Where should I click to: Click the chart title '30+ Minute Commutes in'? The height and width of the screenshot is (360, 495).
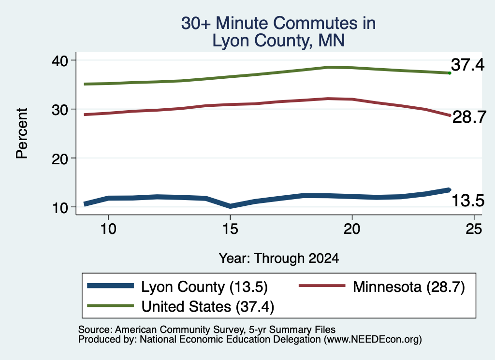pos(278,23)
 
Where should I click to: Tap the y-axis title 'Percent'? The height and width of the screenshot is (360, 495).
pos(22,133)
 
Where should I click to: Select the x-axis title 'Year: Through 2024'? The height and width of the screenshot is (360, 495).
pos(279,258)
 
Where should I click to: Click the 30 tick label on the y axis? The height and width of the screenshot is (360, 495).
pos(60,110)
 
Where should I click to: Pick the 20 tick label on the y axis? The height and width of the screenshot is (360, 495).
pos(60,158)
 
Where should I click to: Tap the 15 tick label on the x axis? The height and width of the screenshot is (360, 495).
pos(230,229)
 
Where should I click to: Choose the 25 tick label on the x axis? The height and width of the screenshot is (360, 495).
pos(474,229)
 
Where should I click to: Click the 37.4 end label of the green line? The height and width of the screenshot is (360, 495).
pos(467,65)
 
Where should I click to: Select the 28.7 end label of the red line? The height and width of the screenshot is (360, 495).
pos(469,117)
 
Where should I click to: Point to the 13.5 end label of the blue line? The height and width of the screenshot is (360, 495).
pos(468,201)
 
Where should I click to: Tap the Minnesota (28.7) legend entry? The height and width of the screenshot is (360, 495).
pos(409,287)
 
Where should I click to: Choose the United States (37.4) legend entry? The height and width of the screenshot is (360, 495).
pos(208,307)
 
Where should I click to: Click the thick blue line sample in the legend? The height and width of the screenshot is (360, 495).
pos(111,286)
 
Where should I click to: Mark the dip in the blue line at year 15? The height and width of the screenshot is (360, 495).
pos(230,206)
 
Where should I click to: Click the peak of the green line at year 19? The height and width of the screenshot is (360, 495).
pos(328,67)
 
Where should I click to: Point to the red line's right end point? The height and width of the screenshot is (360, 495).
pos(450,115)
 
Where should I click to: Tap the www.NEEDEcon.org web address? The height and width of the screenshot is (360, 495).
pos(373,340)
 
